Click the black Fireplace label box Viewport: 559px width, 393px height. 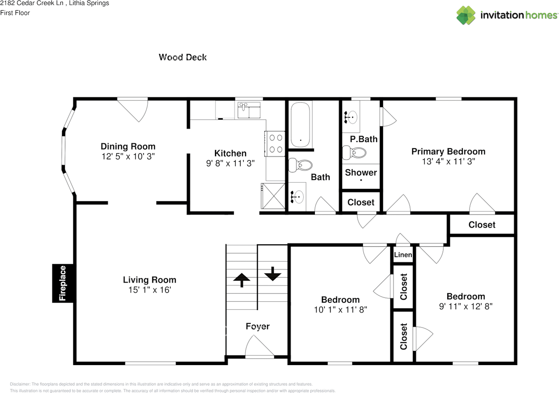(62, 283)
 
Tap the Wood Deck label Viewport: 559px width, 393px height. (183, 57)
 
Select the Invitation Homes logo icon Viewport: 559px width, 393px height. (466, 15)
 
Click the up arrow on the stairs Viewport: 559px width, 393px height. (241, 279)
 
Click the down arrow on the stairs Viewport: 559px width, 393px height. (273, 273)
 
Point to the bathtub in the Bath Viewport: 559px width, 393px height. (300, 125)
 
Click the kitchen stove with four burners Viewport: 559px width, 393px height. (275, 144)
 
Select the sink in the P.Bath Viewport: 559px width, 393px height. (351, 116)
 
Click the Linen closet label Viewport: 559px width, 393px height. (403, 255)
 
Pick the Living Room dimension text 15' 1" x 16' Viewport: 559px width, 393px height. (149, 290)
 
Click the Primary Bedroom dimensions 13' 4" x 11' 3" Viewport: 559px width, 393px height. (448, 161)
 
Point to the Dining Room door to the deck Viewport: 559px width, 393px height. (133, 110)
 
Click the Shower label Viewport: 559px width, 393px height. (361, 172)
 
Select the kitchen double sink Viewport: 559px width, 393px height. (248, 110)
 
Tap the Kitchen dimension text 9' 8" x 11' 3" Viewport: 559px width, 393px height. (230, 163)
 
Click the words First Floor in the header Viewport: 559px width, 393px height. (15, 13)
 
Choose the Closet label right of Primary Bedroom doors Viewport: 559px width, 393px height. (482, 225)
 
